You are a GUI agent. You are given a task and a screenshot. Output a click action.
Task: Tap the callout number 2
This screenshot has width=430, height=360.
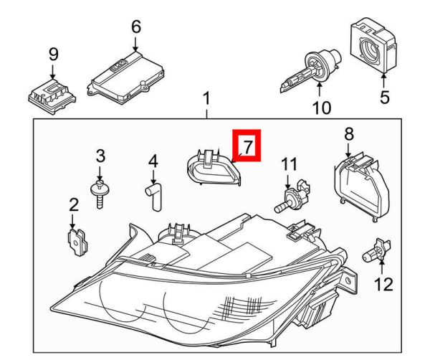coord(73,206)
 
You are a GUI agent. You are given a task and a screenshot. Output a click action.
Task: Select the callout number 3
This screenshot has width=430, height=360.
coord(100,156)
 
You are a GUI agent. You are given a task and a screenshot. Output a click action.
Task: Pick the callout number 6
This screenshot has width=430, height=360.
coord(136,28)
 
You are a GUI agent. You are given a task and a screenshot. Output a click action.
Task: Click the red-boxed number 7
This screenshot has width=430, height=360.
coord(247,147)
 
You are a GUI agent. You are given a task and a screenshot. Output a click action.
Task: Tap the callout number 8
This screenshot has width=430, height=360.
coord(349,133)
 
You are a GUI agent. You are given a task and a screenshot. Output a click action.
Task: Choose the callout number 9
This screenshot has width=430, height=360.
coord(52,54)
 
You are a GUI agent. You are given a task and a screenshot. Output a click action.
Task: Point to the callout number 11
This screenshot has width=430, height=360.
coord(288,165)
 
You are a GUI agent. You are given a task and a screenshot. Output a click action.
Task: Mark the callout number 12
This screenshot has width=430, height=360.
coord(384,285)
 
